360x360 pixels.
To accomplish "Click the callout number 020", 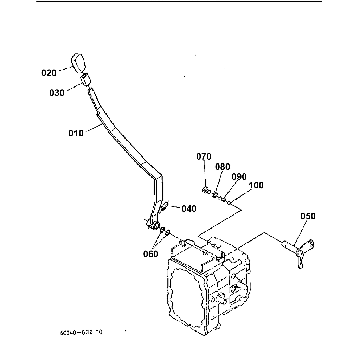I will coord(49,73).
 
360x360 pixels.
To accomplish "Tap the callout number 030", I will coord(57,93).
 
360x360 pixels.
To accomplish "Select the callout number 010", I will coord(76,133).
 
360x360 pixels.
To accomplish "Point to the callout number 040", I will coord(189,209).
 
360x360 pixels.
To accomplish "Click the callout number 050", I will coord(308,216).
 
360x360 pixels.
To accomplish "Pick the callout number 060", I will coord(150,253).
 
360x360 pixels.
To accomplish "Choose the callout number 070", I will coord(204,156).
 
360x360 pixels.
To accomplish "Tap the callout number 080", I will coord(223,167).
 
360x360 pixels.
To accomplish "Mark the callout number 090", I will coord(239,176).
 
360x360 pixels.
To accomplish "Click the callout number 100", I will coord(256,185).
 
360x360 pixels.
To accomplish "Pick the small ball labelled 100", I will coord(229,202).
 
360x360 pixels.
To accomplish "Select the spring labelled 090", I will coord(222,199).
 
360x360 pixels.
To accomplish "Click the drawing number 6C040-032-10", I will coord(81,332).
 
